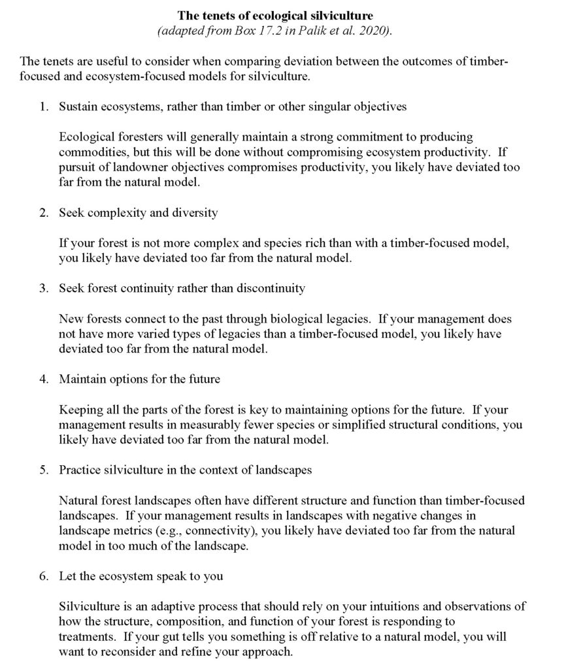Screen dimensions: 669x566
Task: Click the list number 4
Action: point(42,379)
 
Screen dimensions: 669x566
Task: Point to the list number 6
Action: point(42,576)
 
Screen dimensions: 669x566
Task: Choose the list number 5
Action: point(42,470)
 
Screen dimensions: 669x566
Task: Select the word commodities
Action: point(90,152)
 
